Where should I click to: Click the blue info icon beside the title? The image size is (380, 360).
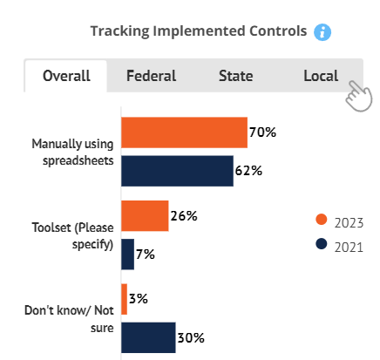pos(322,32)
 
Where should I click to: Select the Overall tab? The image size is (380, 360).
pos(66,76)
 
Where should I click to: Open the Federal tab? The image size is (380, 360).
pos(151,76)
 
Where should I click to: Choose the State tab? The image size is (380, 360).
pos(235,76)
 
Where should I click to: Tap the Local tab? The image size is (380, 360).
pos(321,76)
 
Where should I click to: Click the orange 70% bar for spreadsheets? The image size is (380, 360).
pos(184,132)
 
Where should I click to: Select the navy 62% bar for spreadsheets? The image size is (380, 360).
pos(177,171)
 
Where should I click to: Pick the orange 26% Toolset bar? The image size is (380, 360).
pos(145,216)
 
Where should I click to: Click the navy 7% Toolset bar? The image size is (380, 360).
pos(127,255)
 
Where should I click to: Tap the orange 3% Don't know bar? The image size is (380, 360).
pos(124,299)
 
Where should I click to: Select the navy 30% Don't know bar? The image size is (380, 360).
pos(148,337)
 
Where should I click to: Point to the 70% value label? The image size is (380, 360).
pos(262,132)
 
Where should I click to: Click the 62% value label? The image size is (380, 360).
pos(248,171)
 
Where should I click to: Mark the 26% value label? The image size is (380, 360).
pos(184,216)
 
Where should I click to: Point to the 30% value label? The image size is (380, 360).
pos(191,338)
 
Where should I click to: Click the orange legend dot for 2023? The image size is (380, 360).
pos(322,220)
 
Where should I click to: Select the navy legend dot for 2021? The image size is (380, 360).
pos(322,244)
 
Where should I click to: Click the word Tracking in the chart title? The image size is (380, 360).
pos(119,31)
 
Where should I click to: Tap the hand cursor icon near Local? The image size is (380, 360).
pos(359,96)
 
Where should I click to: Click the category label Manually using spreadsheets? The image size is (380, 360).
pos(72,153)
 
